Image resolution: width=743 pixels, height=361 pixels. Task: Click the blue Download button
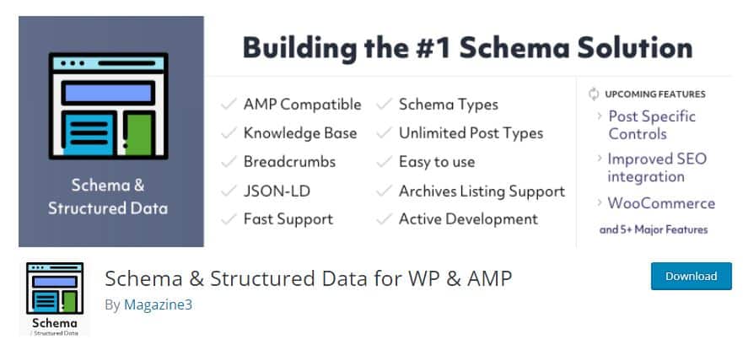pyautogui.click(x=691, y=276)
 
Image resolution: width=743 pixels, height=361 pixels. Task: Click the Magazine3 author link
pyautogui.click(x=158, y=304)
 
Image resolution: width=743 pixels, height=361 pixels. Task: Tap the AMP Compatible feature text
pyautogui.click(x=302, y=105)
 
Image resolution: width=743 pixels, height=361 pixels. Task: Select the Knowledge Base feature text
pyautogui.click(x=299, y=133)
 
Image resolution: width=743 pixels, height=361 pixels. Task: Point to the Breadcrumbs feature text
pyautogui.click(x=289, y=162)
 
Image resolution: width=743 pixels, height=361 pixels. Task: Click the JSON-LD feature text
pyautogui.click(x=277, y=191)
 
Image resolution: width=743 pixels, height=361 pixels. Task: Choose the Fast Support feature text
pyautogui.click(x=288, y=219)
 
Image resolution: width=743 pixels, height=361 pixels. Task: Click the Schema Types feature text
pyautogui.click(x=448, y=105)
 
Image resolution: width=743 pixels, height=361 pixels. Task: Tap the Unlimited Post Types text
pyautogui.click(x=471, y=133)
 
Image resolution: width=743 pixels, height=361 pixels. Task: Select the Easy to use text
pyautogui.click(x=436, y=162)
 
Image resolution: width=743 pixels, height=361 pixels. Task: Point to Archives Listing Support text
pyautogui.click(x=482, y=191)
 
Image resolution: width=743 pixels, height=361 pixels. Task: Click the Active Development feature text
pyautogui.click(x=468, y=219)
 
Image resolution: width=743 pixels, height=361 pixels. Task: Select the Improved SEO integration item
pyautogui.click(x=656, y=168)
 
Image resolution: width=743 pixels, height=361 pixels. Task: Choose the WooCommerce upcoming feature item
pyautogui.click(x=660, y=203)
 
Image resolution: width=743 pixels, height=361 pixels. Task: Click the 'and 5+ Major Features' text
pyautogui.click(x=653, y=229)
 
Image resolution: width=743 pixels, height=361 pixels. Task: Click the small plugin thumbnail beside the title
pyautogui.click(x=54, y=298)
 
